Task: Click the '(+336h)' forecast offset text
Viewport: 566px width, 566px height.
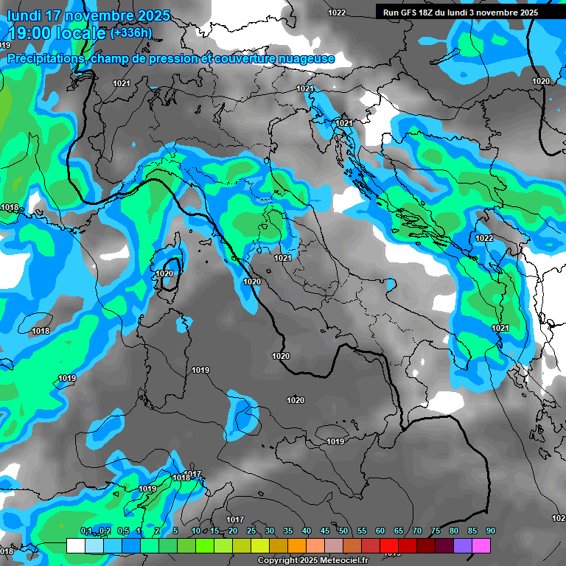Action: pos(130,33)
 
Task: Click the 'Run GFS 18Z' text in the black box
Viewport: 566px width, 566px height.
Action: pos(410,13)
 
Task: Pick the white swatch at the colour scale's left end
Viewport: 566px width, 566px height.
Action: pos(75,546)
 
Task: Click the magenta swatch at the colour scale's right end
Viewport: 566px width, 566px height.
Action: pos(481,546)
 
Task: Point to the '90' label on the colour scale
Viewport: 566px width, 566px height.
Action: pos(491,531)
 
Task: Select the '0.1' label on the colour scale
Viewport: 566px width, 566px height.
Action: pos(86,531)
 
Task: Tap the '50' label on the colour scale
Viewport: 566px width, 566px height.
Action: pos(343,531)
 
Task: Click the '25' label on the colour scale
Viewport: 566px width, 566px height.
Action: pos(251,531)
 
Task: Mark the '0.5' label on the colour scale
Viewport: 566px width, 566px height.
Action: pos(123,531)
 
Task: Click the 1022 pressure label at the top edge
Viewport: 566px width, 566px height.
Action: pos(337,13)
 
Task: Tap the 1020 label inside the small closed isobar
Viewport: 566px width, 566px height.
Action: pos(164,273)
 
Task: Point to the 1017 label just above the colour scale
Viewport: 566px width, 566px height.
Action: pos(235,520)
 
